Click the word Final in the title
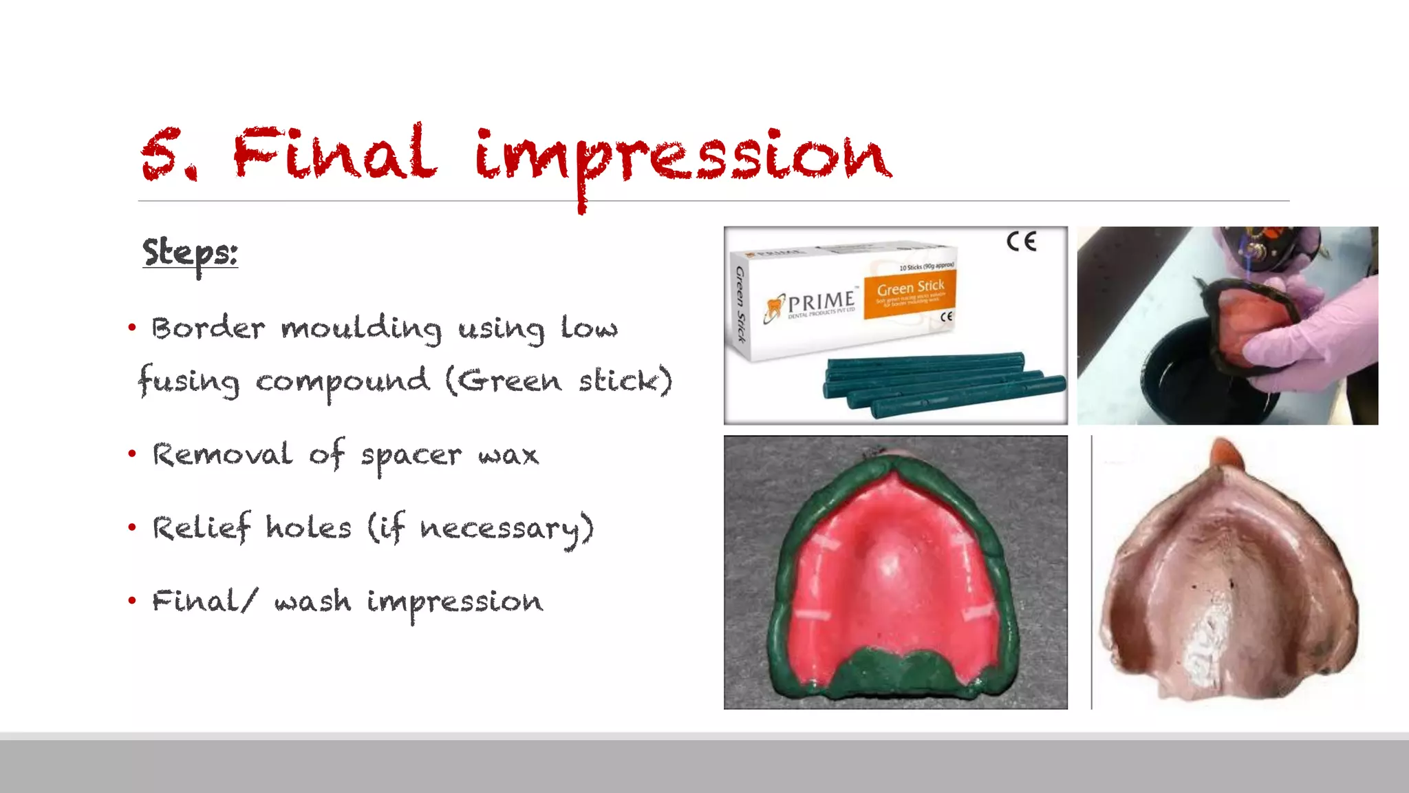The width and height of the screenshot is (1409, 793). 334,153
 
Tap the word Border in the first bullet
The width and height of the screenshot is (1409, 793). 208,328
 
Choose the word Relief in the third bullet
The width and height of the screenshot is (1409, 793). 202,529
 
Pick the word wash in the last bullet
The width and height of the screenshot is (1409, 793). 313,602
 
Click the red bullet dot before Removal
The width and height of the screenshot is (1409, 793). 132,454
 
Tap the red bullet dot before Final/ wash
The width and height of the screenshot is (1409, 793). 132,601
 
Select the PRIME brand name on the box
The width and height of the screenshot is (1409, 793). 821,302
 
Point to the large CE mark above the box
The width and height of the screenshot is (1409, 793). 1021,242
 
